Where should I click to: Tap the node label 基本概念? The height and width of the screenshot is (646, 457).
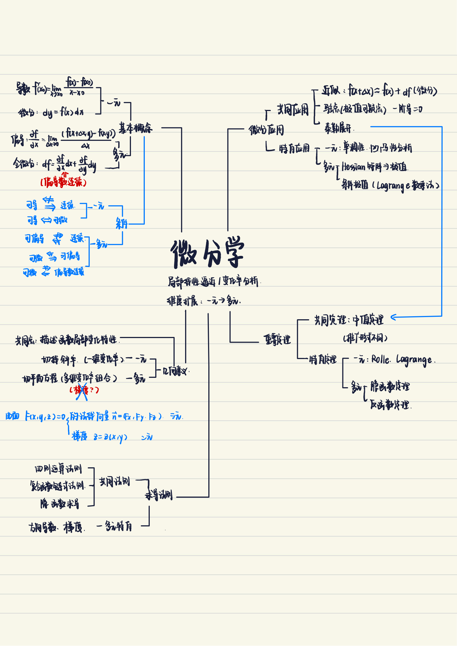pos(135,128)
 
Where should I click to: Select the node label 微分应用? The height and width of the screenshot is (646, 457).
pos(266,130)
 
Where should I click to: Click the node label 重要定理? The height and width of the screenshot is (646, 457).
pos(277,340)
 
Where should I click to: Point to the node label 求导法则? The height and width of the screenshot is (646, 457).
pos(159,495)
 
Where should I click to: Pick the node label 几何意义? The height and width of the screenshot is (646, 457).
pos(176,372)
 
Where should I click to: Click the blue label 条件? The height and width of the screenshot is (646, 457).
pos(122,224)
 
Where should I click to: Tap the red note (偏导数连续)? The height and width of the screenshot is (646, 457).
pos(63,182)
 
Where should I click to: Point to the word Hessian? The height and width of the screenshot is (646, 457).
pos(353,167)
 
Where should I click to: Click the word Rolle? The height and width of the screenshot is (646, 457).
pos(380,359)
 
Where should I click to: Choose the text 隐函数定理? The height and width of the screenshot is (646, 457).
pos(390,386)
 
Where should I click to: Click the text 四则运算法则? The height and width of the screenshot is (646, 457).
pos(58,469)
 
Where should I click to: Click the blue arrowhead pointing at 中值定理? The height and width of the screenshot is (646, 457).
pos(393,317)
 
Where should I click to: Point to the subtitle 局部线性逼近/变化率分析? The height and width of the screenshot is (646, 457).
pos(213,281)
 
